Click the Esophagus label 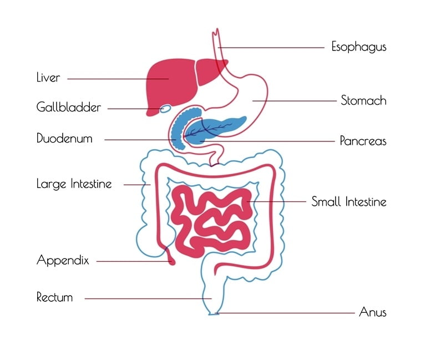point(359,47)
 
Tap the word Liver point(48,78)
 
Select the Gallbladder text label point(68,107)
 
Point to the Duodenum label point(64,138)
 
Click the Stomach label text point(363,100)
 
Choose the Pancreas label point(363,141)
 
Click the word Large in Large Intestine point(52,184)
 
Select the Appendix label point(63,260)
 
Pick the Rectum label point(54,297)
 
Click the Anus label point(373,312)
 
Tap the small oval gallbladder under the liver point(166,109)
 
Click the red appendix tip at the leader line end point(172,262)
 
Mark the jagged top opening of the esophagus point(216,32)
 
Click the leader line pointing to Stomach point(295,101)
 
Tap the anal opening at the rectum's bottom point(214,314)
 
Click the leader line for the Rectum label point(148,298)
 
